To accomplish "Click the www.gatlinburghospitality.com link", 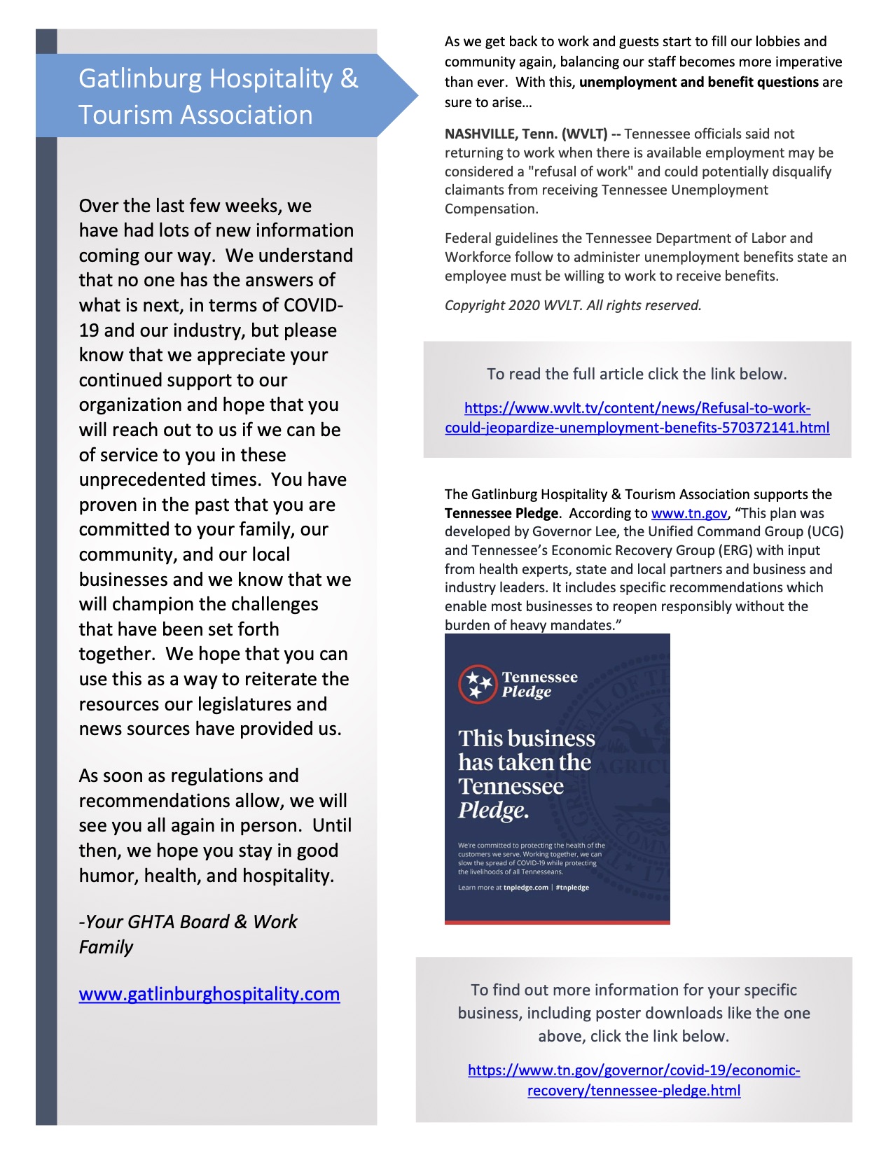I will click(209, 994).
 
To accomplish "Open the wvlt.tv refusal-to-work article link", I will click(637, 418).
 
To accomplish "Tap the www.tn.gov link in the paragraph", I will click(689, 513).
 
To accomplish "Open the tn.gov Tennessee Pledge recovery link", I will click(634, 1080).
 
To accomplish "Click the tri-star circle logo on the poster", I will click(477, 684).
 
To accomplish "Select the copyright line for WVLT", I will click(573, 305).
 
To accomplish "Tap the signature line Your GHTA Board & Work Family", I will click(188, 934).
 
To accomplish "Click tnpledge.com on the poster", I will click(525, 888).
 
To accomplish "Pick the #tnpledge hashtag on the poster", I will click(572, 888).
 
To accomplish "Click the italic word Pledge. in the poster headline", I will click(493, 811).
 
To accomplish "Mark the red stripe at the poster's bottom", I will click(557, 922).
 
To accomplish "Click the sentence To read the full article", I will click(637, 374).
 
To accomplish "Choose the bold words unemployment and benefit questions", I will click(699, 82).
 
